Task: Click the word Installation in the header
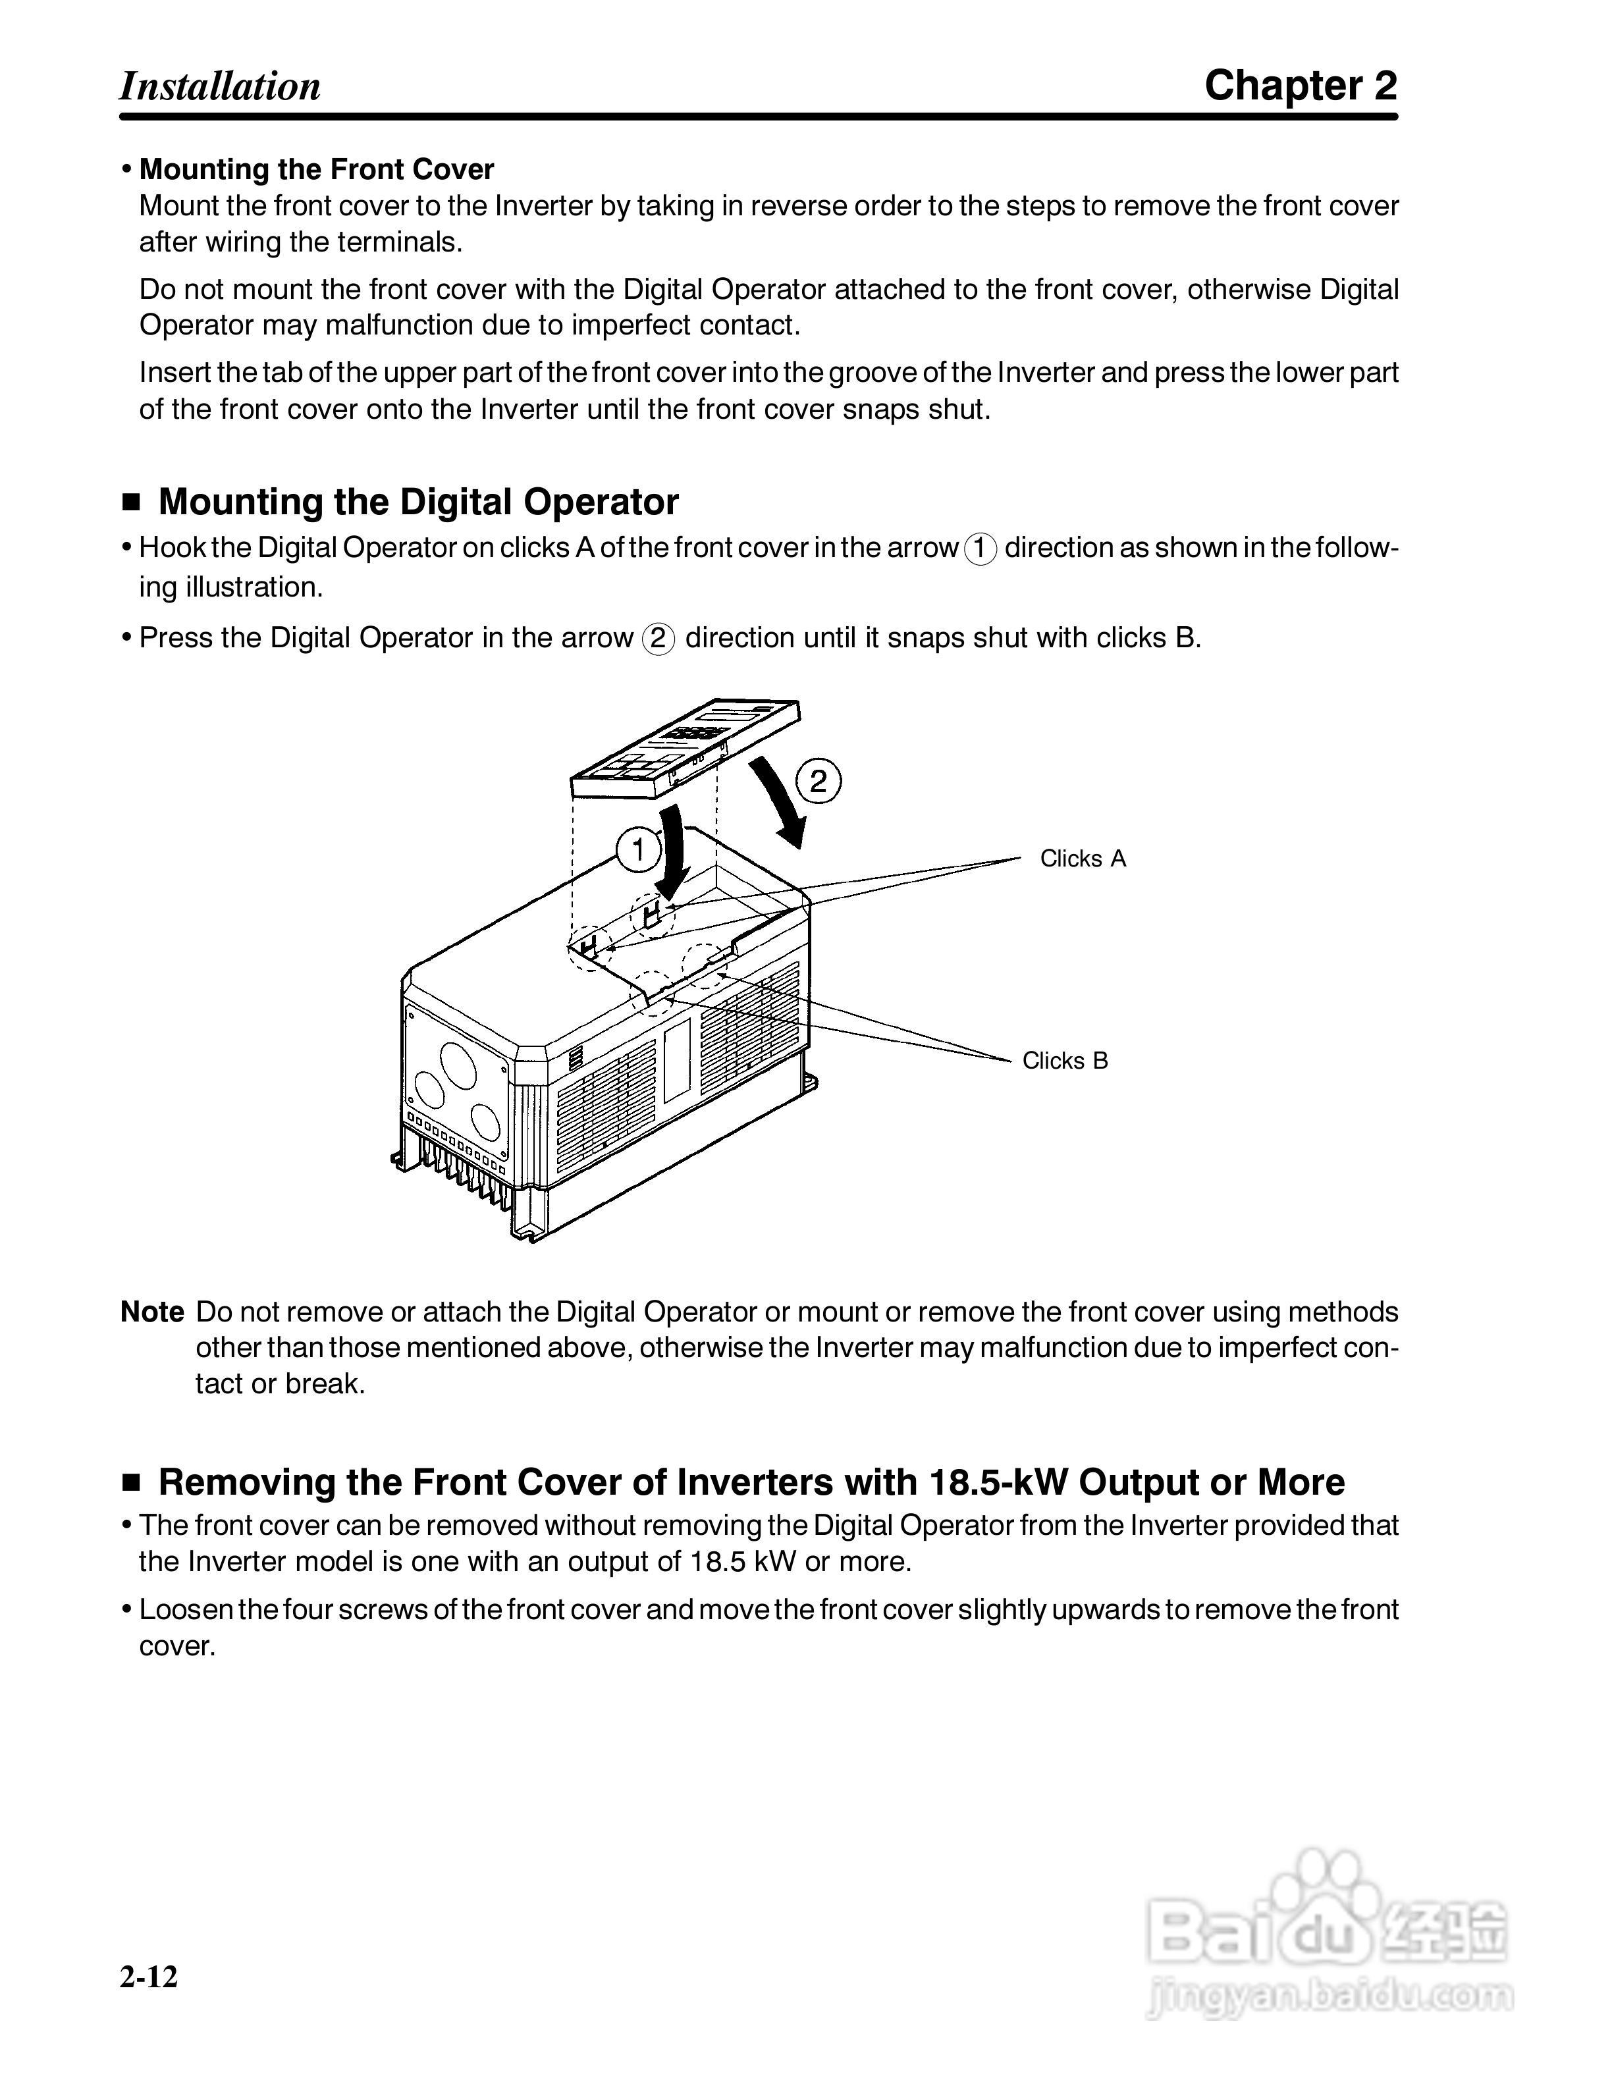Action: [x=220, y=86]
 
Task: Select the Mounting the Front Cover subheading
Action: [x=316, y=169]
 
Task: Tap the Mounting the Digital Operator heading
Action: [x=418, y=502]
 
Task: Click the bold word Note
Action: [x=152, y=1312]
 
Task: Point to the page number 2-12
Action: [x=149, y=1975]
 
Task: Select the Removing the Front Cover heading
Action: [x=751, y=1482]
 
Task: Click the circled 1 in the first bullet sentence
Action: [x=981, y=549]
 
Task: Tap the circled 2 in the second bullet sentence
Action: [x=658, y=638]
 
